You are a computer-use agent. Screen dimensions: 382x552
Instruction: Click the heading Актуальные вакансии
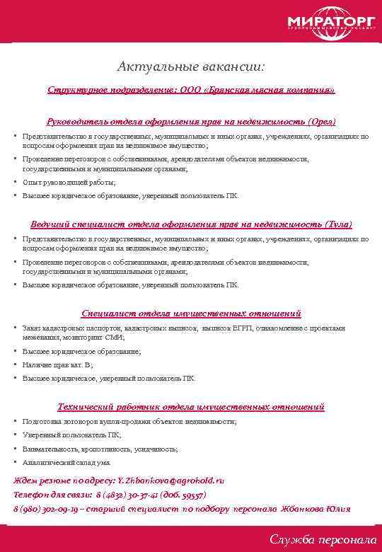click(x=192, y=68)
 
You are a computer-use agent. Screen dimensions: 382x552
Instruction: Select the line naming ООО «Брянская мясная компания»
click(x=191, y=91)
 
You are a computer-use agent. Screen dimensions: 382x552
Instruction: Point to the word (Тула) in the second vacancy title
click(x=336, y=224)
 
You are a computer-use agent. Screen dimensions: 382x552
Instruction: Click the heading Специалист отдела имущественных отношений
click(x=191, y=313)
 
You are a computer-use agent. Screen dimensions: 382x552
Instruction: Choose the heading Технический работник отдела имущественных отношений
click(x=191, y=407)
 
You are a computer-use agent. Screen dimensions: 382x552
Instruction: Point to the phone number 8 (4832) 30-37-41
click(x=125, y=495)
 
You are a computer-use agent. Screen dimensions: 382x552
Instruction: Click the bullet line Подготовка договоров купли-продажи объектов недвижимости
click(x=129, y=421)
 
